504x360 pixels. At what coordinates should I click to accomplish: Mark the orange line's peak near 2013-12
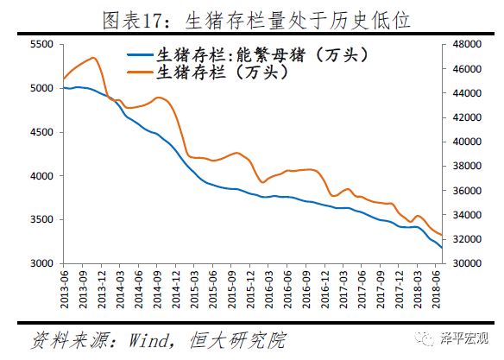93,58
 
